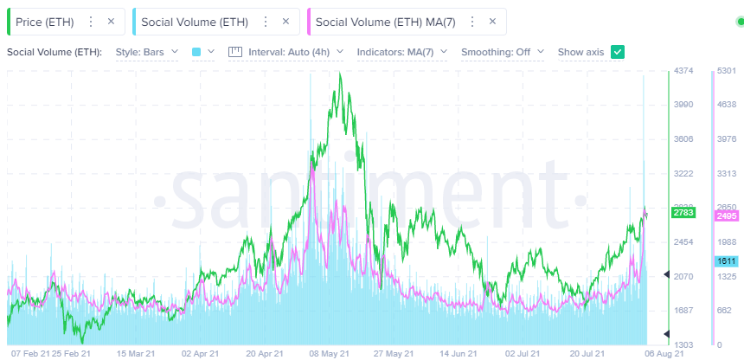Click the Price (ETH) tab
(44, 21)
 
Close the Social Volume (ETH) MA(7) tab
(492, 21)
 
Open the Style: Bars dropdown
(147, 52)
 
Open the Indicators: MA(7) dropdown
(401, 52)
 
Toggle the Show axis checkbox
(617, 52)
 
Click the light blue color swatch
(196, 52)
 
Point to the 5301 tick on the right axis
(726, 70)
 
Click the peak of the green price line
(341, 74)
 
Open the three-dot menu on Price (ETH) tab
(90, 21)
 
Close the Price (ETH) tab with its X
(110, 21)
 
